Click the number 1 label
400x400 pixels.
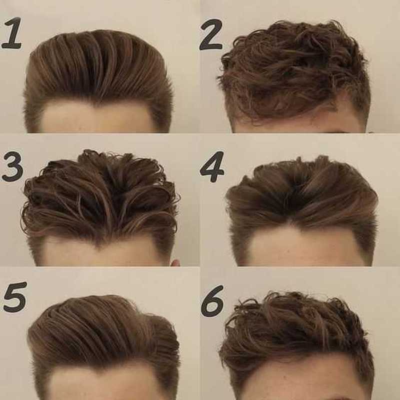point(12,33)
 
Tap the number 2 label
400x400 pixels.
point(211,34)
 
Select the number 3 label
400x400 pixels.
point(12,166)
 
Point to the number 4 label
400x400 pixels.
point(212,167)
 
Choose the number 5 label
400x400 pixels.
point(15,296)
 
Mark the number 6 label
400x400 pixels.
point(212,301)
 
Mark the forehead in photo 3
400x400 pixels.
point(102,255)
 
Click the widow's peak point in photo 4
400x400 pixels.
point(291,224)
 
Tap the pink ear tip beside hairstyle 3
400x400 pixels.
point(175,263)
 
